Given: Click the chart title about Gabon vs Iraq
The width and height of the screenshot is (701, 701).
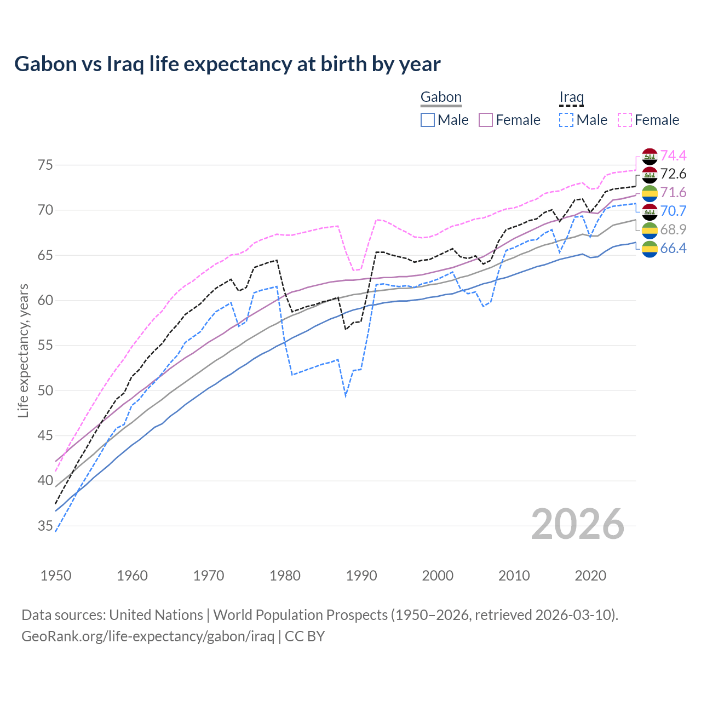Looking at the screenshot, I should pyautogui.click(x=227, y=64).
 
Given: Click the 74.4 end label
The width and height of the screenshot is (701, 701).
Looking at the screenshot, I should pyautogui.click(x=673, y=156).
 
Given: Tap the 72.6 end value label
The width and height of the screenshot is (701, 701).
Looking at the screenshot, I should pyautogui.click(x=673, y=174).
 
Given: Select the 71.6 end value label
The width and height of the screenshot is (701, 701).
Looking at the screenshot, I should pyautogui.click(x=673, y=192).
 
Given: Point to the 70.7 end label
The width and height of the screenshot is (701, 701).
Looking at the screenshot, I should pyautogui.click(x=673, y=211).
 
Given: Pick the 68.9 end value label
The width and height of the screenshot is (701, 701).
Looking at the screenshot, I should pyautogui.click(x=673, y=229).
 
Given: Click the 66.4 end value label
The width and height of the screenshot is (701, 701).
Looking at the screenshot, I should pyautogui.click(x=673, y=248).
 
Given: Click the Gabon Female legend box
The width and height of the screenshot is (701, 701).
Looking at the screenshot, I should pyautogui.click(x=486, y=120).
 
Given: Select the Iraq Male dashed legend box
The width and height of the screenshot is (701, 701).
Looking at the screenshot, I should pyautogui.click(x=566, y=120).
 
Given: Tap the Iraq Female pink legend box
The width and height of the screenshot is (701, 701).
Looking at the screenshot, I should pyautogui.click(x=625, y=120).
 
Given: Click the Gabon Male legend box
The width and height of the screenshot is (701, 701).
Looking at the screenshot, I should pyautogui.click(x=428, y=120).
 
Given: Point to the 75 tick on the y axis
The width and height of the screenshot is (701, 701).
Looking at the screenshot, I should pyautogui.click(x=45, y=165).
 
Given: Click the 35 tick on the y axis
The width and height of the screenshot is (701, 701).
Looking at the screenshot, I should pyautogui.click(x=45, y=526).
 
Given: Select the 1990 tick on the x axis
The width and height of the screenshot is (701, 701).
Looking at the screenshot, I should pyautogui.click(x=361, y=576).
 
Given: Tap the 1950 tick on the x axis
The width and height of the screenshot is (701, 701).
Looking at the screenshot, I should pyautogui.click(x=56, y=576).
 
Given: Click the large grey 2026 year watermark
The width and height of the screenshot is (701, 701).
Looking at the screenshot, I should pyautogui.click(x=578, y=524).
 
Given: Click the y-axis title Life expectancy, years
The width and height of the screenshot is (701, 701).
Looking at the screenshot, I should pyautogui.click(x=23, y=350).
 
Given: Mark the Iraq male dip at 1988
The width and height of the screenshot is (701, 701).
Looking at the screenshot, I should pyautogui.click(x=346, y=395).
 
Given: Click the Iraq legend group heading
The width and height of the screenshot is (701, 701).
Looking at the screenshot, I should pyautogui.click(x=571, y=97).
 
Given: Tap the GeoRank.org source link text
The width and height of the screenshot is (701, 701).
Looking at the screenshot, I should pyautogui.click(x=147, y=636).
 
